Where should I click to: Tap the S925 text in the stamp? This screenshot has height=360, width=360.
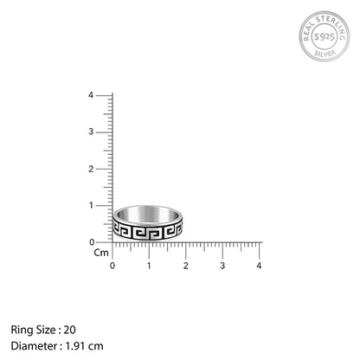pos(324,36)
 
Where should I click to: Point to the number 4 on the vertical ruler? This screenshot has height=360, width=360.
pos(91,95)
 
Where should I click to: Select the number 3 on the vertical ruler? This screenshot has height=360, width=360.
pos(91,132)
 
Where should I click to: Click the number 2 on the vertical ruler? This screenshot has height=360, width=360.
pos(91,169)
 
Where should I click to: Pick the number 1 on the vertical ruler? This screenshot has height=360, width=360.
pos(91,205)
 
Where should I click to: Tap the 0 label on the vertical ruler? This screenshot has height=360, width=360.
pos(92,242)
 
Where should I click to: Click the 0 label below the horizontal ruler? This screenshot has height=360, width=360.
pos(112,266)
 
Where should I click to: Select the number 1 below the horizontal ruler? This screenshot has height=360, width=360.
pos(149,266)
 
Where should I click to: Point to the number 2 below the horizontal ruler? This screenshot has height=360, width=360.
pos(186,266)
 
